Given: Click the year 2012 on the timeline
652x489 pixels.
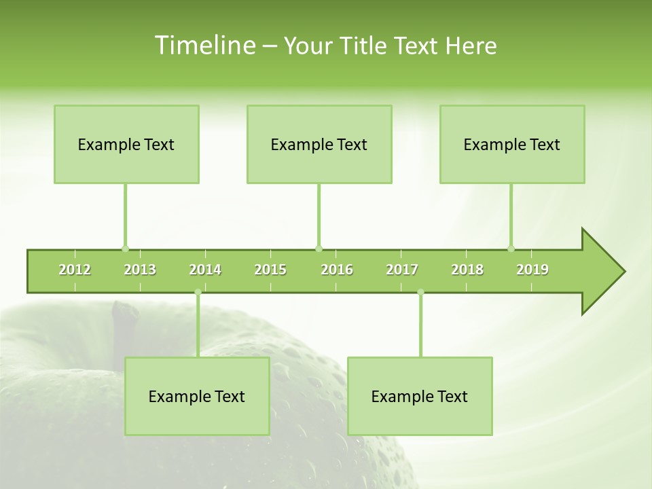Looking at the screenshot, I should coord(75,270).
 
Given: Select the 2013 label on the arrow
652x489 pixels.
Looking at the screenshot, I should coord(140,270).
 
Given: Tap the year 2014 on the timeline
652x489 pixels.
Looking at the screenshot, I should coord(205,270).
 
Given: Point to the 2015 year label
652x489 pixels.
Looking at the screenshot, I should coord(270,270).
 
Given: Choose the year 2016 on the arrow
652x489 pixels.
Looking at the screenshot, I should coord(337,270).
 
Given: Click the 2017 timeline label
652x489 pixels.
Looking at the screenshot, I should coord(402,270).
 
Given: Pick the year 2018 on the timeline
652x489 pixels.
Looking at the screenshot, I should coord(467,270).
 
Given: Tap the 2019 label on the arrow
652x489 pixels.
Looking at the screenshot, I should coord(532,270).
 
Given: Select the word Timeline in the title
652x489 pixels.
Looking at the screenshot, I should coord(204,46).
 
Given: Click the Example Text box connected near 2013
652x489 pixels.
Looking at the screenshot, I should coord(126,144).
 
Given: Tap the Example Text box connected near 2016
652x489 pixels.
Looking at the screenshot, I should coord(319,144).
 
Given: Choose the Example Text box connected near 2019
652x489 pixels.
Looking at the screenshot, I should coord(512,144).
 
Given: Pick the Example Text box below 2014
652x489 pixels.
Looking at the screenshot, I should coord(197,396).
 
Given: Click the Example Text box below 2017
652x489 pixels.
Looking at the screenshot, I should coord(420,396).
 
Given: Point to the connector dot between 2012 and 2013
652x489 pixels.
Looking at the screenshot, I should coord(125,249).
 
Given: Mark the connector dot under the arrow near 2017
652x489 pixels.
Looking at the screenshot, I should coord(420,292).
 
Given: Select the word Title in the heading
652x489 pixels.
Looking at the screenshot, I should coord(365,46).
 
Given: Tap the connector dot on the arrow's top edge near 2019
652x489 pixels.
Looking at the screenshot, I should coord(511,249).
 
